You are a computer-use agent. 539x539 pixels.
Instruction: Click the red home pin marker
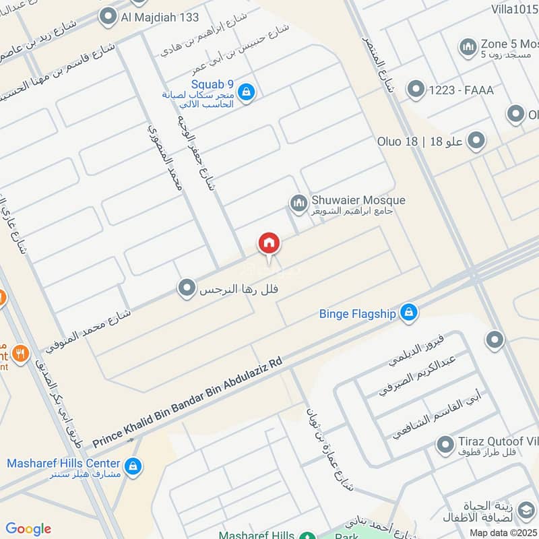tap(269, 244)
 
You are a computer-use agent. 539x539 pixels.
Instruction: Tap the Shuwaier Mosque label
tap(358, 200)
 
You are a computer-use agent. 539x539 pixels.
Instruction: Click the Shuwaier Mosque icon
tap(298, 202)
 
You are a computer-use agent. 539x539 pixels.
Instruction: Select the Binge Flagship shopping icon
tap(408, 313)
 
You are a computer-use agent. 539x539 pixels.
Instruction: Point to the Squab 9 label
tap(212, 84)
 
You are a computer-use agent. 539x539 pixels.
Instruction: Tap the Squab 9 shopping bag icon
tap(247, 92)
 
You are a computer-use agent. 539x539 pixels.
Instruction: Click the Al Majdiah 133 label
tap(161, 17)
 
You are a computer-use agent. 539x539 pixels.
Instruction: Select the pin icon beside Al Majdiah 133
tap(108, 17)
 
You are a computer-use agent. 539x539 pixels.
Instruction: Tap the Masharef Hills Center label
tap(63, 464)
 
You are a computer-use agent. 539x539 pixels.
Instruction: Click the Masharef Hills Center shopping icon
tap(133, 466)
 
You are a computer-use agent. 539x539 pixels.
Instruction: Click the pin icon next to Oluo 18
tap(477, 141)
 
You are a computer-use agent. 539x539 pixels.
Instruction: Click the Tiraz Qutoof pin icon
tap(445, 445)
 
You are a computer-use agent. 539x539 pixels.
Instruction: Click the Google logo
tap(28, 529)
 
